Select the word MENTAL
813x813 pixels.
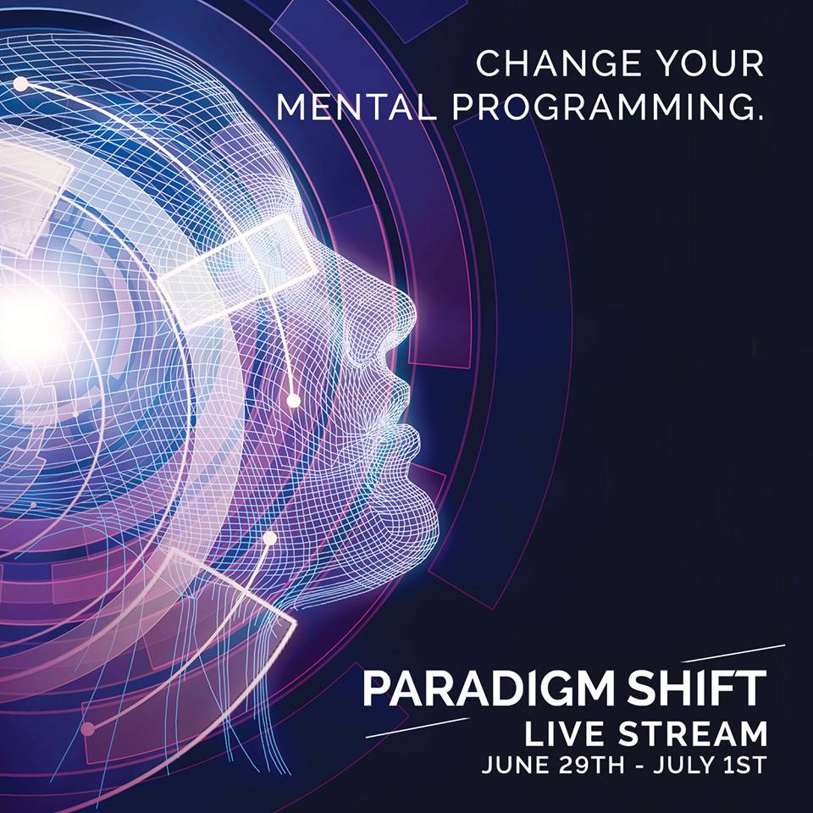354,107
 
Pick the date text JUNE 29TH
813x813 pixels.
553,766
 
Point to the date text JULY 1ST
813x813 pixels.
710,766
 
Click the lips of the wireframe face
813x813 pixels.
407,410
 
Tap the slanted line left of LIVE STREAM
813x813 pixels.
418,727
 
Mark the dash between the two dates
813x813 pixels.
639,767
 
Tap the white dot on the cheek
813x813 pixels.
294,401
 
